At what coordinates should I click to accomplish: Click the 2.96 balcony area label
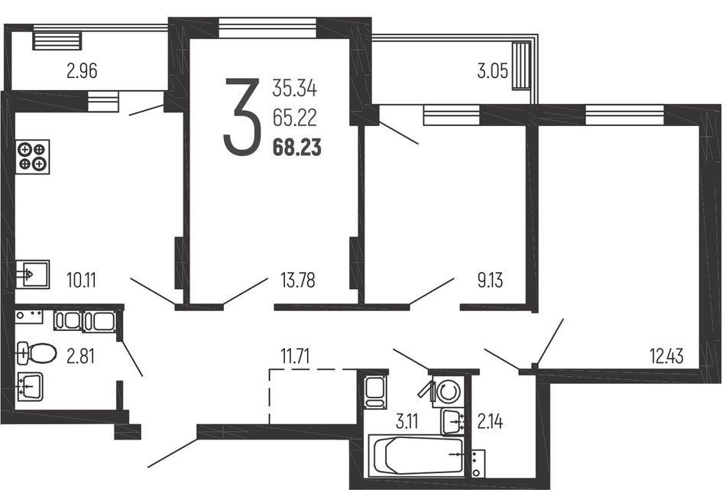coord(82,71)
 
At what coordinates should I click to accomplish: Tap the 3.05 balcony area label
coord(493,71)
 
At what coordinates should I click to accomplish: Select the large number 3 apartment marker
coord(241,116)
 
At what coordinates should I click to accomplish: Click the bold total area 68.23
coord(297,148)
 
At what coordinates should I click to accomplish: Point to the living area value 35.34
coord(294,88)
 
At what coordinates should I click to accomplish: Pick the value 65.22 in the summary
coord(294,118)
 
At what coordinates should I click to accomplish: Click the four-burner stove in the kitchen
coord(32,157)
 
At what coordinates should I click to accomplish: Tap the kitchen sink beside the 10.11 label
coord(32,274)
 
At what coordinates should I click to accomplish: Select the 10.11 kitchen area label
coord(81,281)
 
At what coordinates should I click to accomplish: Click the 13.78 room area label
coord(298,281)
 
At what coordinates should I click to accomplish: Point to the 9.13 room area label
coord(490,281)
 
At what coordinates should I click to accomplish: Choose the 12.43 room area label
coord(666,356)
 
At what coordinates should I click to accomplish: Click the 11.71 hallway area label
coord(295,356)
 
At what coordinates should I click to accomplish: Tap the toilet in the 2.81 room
coord(36,354)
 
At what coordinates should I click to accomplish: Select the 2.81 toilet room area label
coord(80,356)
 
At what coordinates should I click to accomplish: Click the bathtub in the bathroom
coord(417,455)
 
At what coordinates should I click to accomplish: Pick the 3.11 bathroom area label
coord(407,422)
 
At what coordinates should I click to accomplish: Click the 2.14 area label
coord(490,422)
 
